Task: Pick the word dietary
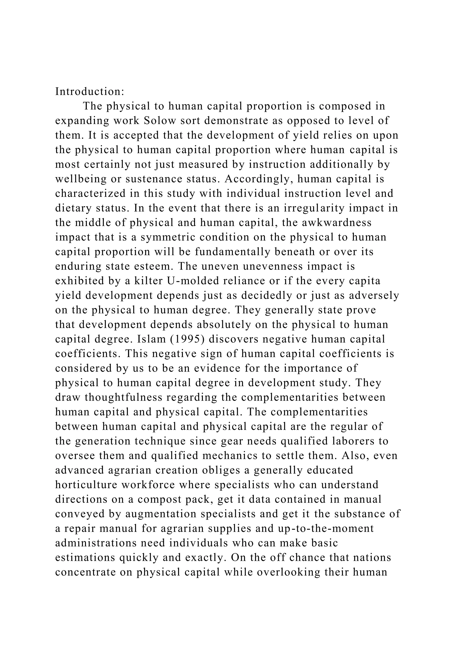pyautogui.click(x=73, y=208)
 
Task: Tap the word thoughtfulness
pyautogui.click(x=124, y=398)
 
